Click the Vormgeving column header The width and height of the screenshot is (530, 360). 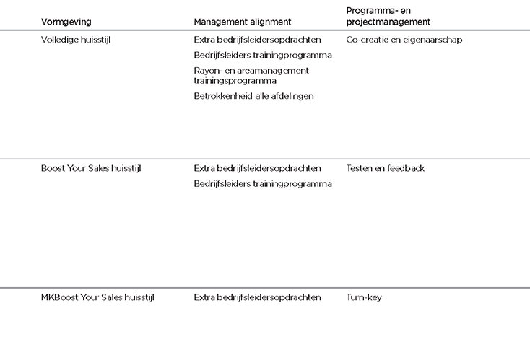66,22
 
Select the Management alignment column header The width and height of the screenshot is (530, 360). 242,22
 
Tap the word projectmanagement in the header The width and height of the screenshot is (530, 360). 388,22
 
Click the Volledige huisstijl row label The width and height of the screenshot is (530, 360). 76,40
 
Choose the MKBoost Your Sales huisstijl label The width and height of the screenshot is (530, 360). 97,297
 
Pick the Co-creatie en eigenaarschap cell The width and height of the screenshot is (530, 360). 404,40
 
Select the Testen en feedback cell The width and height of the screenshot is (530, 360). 385,168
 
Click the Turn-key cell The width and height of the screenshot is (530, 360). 364,297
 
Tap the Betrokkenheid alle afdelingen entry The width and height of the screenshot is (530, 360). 253,96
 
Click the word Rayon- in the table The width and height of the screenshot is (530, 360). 208,71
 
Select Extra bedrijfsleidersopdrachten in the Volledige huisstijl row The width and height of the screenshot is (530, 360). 257,40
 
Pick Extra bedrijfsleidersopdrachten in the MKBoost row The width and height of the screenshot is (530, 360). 257,297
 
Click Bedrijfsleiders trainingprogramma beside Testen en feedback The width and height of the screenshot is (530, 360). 263,184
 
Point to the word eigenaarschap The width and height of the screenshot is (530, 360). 435,40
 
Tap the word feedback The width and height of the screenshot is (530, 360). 406,168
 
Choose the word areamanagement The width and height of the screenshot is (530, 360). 272,71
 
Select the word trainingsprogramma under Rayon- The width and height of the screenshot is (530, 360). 235,81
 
